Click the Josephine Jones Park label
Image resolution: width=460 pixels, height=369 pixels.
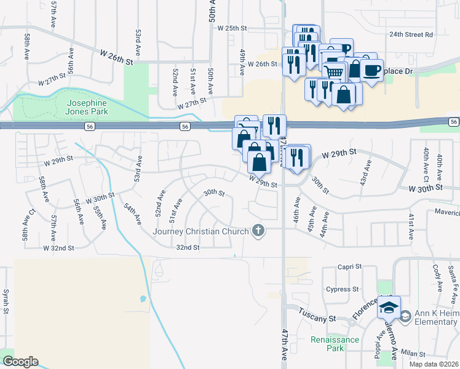click(87, 107)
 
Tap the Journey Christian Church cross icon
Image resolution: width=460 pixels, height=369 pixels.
click(259, 231)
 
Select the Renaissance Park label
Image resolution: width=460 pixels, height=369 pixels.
click(335, 344)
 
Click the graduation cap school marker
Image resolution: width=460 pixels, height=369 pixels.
click(389, 307)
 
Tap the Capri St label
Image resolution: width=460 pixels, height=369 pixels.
click(348, 268)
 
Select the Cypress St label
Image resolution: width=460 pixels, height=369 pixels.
click(343, 289)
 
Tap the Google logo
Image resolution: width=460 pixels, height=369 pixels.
click(20, 362)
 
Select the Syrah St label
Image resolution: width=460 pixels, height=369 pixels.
click(6, 301)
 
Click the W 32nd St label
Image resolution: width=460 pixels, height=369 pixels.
click(58, 248)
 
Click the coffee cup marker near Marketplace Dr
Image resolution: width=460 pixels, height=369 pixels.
click(372, 69)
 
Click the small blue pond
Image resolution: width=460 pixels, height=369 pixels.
click(143, 300)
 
